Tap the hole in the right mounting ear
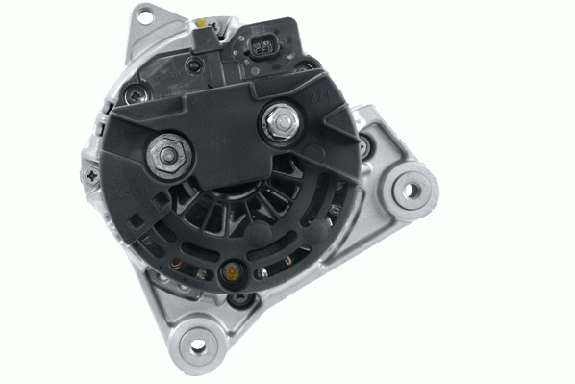pos(412,189)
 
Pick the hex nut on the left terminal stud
pos(167,155)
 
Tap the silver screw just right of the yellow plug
pos(262,273)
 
